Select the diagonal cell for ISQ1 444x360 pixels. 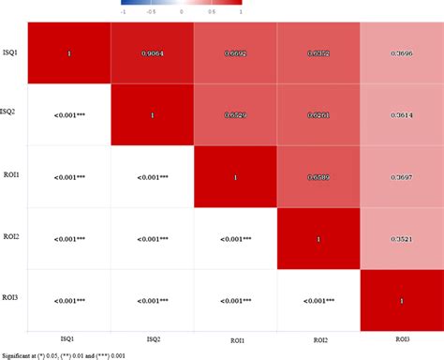pyautogui.click(x=69, y=53)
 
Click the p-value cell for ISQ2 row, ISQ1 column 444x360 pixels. pyautogui.click(x=69, y=115)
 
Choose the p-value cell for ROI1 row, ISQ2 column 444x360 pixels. pyautogui.click(x=152, y=176)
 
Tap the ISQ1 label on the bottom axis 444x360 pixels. pyautogui.click(x=69, y=338)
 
